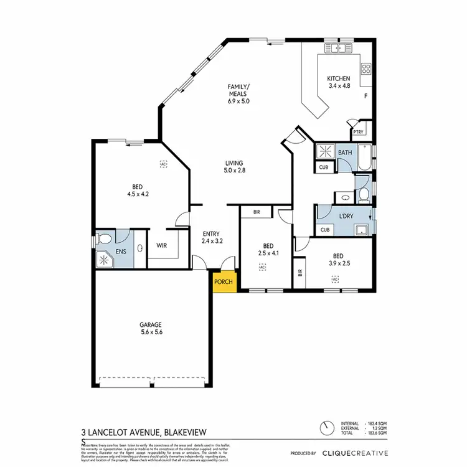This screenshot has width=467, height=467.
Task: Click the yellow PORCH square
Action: click(223, 281)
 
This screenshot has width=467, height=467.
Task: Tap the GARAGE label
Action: click(150, 324)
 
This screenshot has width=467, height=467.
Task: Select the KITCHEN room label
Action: click(339, 78)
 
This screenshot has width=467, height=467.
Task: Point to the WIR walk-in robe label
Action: click(161, 245)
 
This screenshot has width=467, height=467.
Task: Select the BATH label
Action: click(344, 153)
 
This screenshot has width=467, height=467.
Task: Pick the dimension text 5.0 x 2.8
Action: click(234, 170)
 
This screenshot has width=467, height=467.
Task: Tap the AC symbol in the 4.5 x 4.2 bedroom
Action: click(163, 164)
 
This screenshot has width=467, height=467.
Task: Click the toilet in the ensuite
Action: click(105, 238)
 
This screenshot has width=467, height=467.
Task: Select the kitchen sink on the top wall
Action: click(338, 48)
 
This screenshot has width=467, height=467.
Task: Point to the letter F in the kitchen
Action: click(366, 97)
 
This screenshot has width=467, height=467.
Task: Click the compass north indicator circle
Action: click(326, 429)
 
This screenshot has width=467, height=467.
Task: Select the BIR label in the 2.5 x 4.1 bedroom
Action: click(257, 212)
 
